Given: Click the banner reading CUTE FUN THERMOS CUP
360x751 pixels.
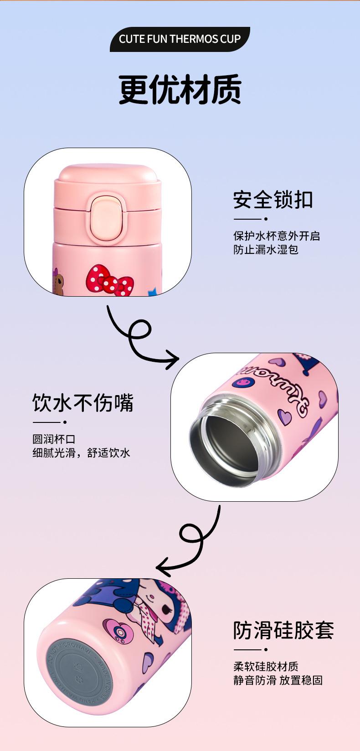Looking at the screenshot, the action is [180, 39].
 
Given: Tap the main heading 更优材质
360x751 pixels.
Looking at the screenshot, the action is [180, 89].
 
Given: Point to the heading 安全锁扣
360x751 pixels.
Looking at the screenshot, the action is [273, 200].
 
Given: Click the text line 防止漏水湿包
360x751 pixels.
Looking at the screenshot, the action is [266, 249].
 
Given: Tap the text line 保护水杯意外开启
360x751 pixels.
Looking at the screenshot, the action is [277, 236].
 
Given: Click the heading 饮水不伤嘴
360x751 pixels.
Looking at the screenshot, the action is [83, 403].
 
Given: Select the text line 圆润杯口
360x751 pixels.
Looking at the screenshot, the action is [54, 439].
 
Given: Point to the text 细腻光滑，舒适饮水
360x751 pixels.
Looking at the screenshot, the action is [81, 453].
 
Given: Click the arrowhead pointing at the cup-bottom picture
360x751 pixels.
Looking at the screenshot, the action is [163, 568].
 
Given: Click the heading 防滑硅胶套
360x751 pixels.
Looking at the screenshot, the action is [283, 630].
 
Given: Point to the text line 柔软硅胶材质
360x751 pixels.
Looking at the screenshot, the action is [266, 666].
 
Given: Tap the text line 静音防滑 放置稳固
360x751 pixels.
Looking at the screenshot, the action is [278, 680].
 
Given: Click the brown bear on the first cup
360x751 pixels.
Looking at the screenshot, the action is [59, 283].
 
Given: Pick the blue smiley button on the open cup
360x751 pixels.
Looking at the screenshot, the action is [240, 382].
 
